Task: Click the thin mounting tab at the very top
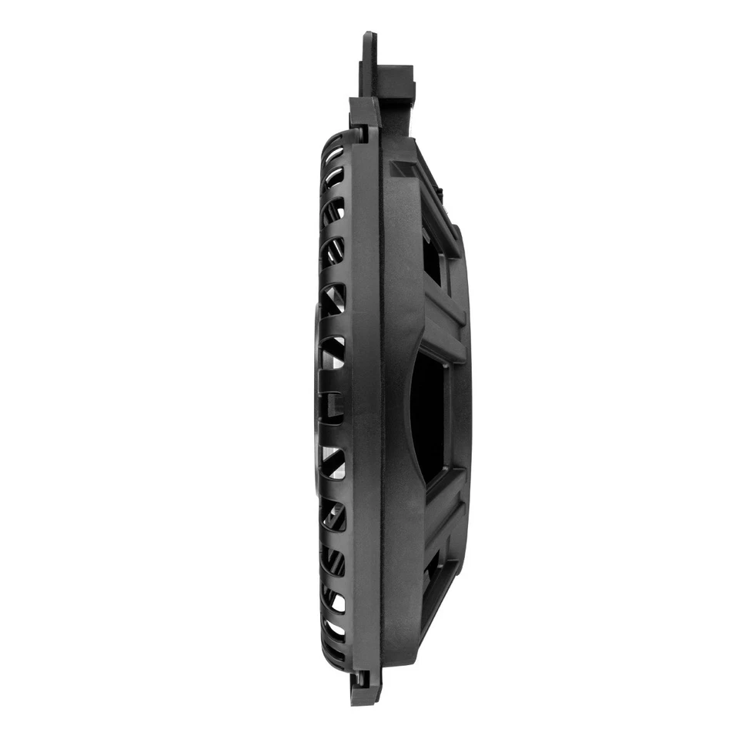(368, 62)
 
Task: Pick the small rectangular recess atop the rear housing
(402, 169)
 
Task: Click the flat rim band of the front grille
(365, 400)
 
